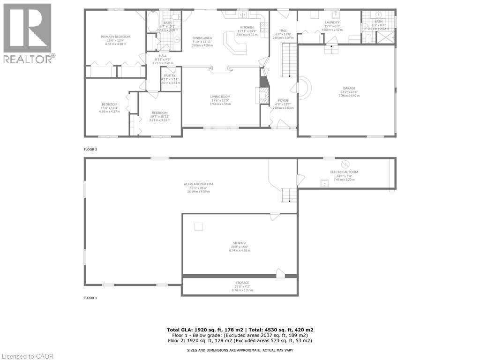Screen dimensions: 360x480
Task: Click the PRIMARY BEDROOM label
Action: click(115, 37)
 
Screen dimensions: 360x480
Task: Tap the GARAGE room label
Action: click(349, 88)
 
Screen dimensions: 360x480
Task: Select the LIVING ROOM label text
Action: click(220, 97)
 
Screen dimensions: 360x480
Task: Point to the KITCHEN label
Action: click(247, 28)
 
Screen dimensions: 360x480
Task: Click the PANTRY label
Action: click(169, 75)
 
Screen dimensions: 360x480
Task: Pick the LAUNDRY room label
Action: click(332, 22)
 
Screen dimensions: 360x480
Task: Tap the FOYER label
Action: click(283, 100)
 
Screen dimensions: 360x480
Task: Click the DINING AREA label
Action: click(202, 38)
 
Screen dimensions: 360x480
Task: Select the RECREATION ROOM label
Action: click(198, 184)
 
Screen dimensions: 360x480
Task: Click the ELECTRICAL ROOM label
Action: click(344, 172)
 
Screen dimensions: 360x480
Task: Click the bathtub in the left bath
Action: click(152, 22)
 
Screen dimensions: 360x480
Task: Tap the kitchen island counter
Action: click(235, 42)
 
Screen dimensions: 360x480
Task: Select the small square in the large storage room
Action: click(199, 227)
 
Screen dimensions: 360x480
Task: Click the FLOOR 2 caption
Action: click(90, 149)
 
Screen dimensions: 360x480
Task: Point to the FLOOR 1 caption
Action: click(90, 298)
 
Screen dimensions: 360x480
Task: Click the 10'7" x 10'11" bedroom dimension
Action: click(159, 116)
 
